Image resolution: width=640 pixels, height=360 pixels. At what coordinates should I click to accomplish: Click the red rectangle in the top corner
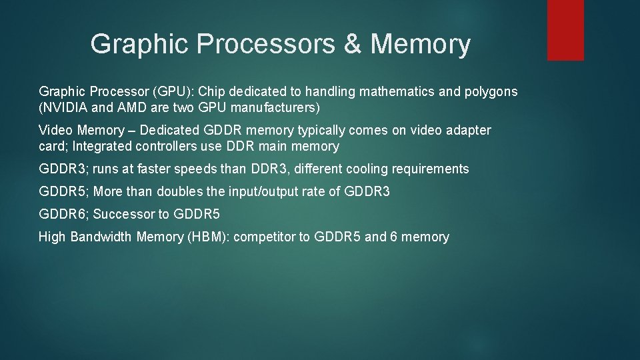coord(565,29)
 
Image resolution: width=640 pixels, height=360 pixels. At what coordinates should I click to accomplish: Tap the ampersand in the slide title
coord(353,45)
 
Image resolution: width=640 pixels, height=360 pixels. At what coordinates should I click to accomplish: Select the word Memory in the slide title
coord(420,45)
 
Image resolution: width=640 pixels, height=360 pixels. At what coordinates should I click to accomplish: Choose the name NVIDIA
coord(69,107)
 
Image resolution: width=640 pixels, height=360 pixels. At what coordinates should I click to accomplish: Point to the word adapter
coord(466,130)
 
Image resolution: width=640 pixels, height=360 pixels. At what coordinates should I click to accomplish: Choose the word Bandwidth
coord(101,237)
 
